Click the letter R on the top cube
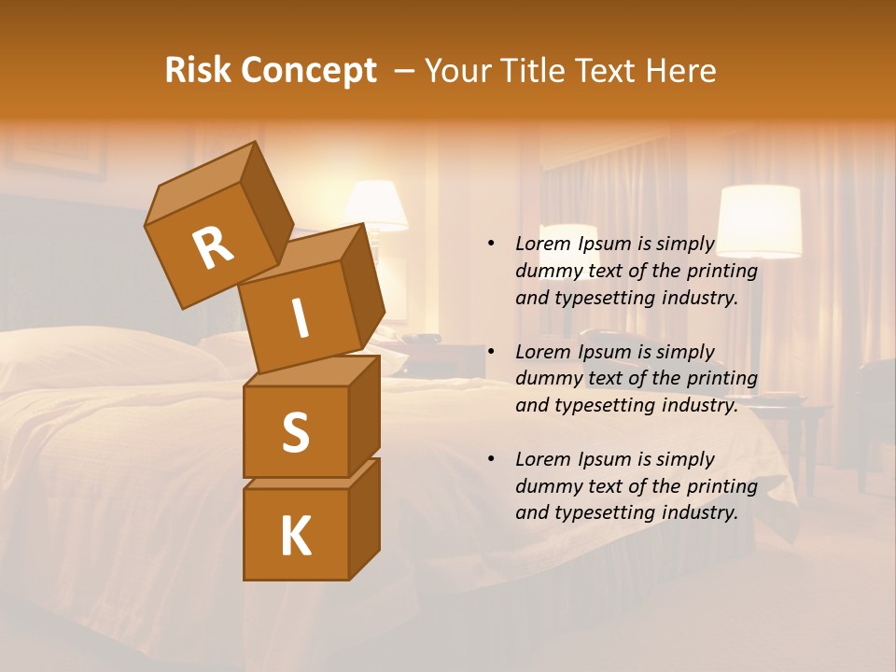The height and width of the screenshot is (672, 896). click(x=213, y=249)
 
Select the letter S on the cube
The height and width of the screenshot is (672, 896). click(x=296, y=432)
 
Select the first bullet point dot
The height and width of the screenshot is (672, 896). click(x=491, y=244)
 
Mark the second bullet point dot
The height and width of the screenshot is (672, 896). click(x=491, y=352)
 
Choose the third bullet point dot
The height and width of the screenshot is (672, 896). click(x=491, y=459)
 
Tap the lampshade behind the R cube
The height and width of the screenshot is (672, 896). click(x=379, y=205)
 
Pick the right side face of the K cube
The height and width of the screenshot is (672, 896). click(x=364, y=518)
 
